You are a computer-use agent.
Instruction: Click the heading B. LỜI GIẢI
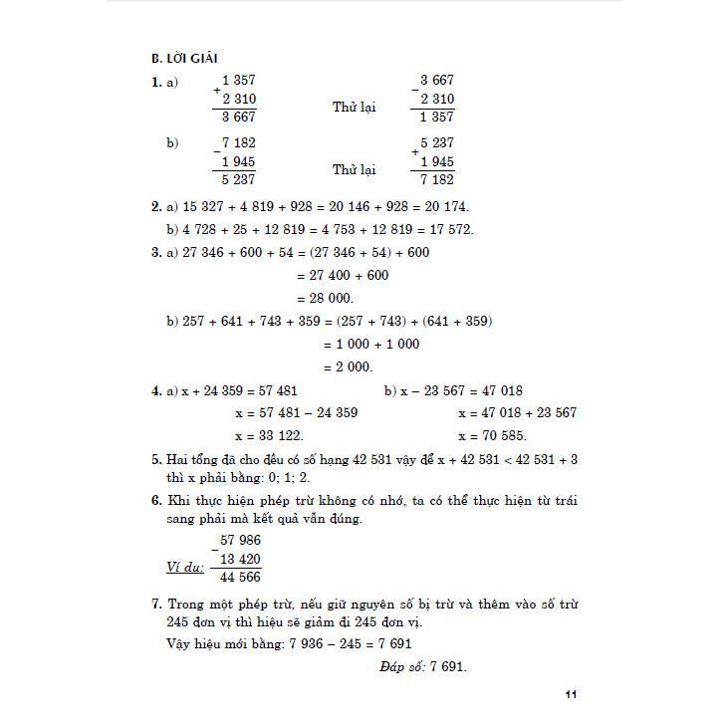[186, 58]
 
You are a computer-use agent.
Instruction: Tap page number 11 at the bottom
[570, 694]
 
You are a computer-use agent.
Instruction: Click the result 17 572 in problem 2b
[447, 229]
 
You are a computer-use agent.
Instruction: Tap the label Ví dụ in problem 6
[185, 568]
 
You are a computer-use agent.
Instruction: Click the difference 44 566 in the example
[239, 578]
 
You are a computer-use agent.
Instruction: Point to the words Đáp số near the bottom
[401, 666]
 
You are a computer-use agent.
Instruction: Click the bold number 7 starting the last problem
[155, 604]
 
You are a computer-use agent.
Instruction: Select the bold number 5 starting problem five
[155, 459]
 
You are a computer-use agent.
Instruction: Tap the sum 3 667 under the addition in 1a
[238, 117]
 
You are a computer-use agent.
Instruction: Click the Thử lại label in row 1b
[354, 170]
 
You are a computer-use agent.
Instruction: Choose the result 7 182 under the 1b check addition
[437, 180]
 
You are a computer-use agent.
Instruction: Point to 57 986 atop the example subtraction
[240, 540]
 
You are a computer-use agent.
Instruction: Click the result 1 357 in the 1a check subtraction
[437, 117]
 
